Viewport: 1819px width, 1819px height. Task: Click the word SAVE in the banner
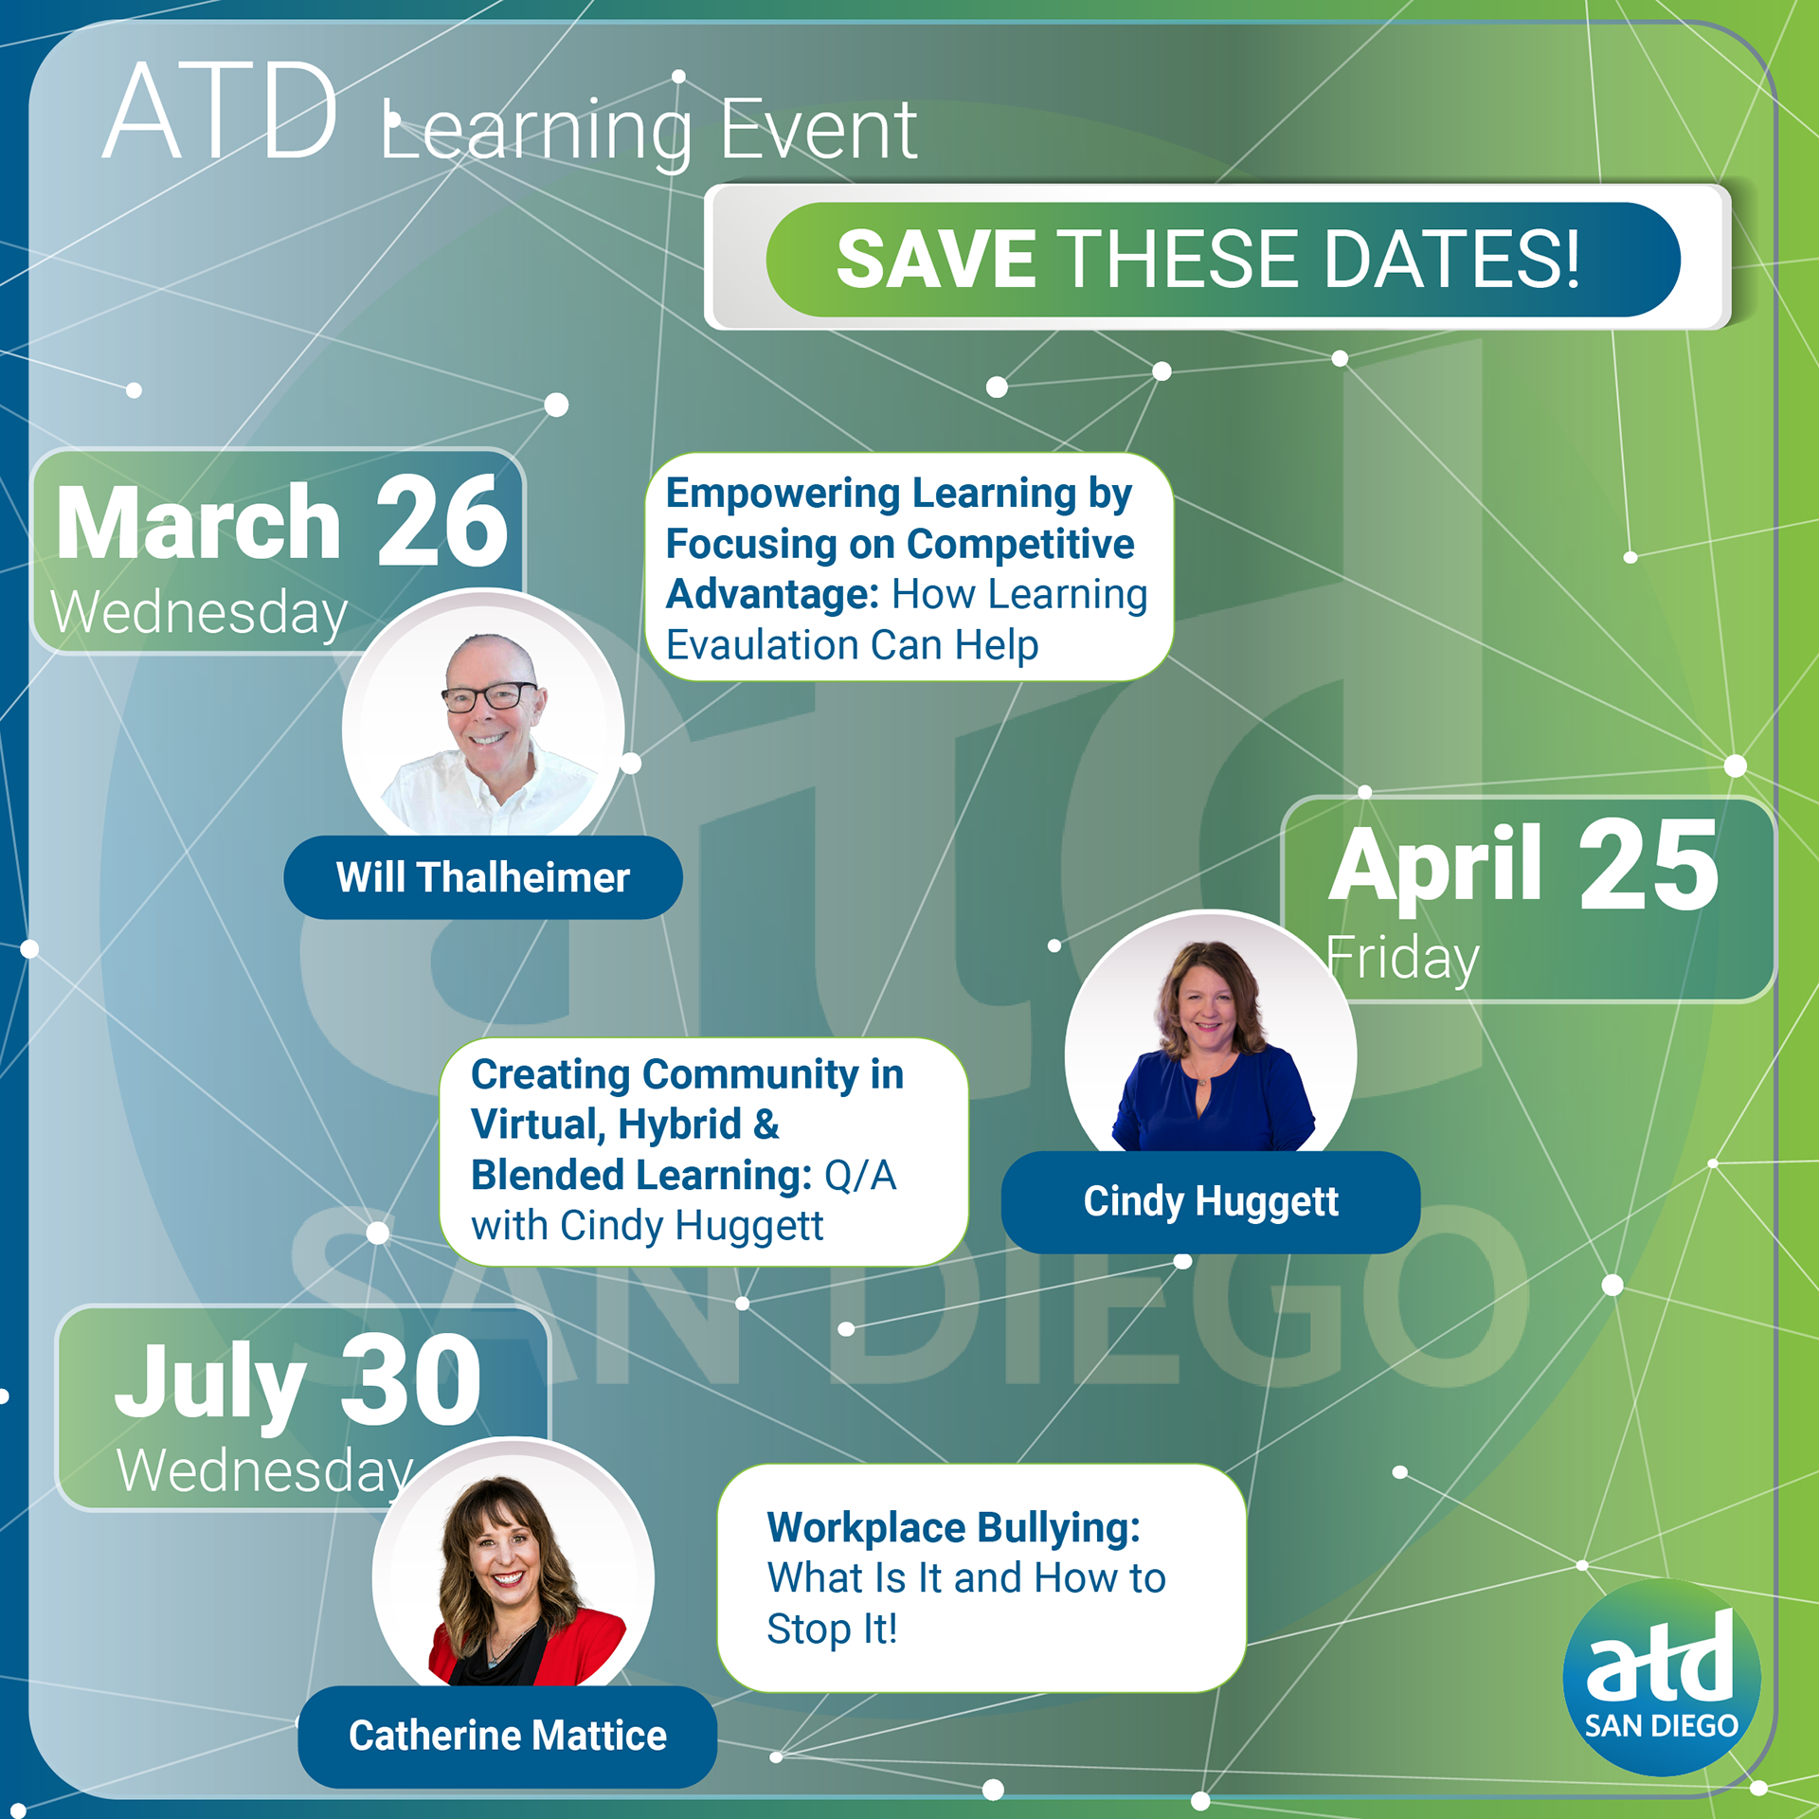pyautogui.click(x=936, y=259)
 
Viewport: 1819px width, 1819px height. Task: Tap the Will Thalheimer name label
pyautogui.click(x=482, y=877)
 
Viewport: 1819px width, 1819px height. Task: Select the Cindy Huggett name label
pyautogui.click(x=1211, y=1201)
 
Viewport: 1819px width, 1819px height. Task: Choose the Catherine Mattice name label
pyautogui.click(x=507, y=1736)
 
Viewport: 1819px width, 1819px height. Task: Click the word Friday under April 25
pyautogui.click(x=1402, y=959)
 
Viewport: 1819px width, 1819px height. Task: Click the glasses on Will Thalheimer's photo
pyautogui.click(x=490, y=698)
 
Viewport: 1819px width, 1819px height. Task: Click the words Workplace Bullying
pyautogui.click(x=953, y=1527)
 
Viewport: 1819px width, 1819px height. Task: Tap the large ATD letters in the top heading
pyautogui.click(x=221, y=111)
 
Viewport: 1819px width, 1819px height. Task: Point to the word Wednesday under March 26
pyautogui.click(x=199, y=613)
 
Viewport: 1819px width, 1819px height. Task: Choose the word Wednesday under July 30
pyautogui.click(x=264, y=1470)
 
